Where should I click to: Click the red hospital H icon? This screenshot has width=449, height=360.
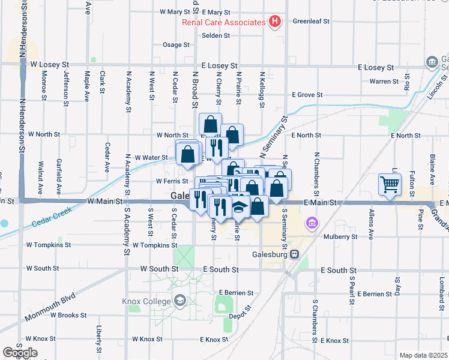point(275,22)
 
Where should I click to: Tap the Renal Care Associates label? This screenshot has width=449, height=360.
point(224,23)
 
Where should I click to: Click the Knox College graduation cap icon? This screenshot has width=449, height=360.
point(179,300)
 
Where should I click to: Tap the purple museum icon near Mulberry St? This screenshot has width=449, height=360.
point(311,224)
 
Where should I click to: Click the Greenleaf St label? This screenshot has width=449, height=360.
point(311,21)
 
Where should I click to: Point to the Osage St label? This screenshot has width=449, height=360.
point(176,45)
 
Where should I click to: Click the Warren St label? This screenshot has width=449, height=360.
point(384,81)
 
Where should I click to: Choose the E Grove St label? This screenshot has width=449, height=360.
point(307,95)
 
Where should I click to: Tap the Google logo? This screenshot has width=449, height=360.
point(20,353)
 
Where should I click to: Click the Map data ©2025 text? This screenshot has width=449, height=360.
point(423,355)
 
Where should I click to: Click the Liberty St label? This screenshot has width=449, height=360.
point(99,339)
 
